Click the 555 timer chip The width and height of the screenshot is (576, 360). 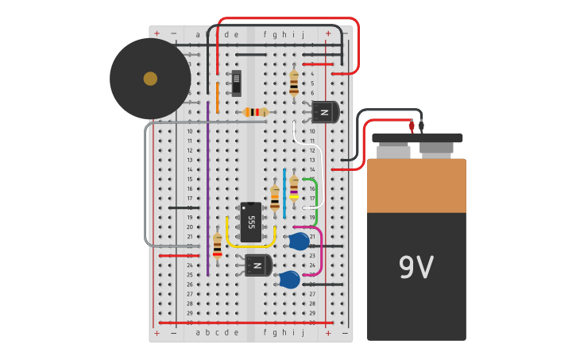(x=251, y=222)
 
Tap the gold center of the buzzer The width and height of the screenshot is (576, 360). (x=150, y=79)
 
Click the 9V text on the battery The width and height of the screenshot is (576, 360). (x=416, y=268)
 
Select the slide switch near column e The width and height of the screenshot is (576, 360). (x=236, y=83)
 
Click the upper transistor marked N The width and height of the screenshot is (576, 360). (x=325, y=112)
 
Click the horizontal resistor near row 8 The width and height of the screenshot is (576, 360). (x=255, y=112)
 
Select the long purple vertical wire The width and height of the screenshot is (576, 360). (x=207, y=191)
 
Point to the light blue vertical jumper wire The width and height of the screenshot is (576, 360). (x=284, y=193)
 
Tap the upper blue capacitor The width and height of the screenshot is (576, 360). (x=299, y=242)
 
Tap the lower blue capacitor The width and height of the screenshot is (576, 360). (x=289, y=279)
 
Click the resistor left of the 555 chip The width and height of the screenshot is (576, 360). (x=217, y=246)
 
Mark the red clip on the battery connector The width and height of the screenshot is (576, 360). (x=412, y=126)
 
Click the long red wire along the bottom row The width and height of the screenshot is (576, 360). (x=238, y=323)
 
